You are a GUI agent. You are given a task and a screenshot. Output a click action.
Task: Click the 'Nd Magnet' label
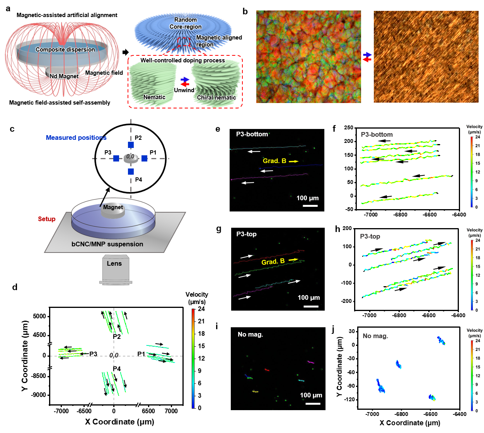[x=64, y=76]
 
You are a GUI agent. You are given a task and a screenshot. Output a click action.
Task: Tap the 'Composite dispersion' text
[x=65, y=50]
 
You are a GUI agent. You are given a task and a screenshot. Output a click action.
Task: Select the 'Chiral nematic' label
[x=216, y=98]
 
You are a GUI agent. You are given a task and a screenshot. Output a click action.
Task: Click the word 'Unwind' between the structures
[x=184, y=90]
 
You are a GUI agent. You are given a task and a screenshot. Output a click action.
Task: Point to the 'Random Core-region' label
[x=186, y=23]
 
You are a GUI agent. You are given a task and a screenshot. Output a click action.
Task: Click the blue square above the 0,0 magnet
[x=131, y=145]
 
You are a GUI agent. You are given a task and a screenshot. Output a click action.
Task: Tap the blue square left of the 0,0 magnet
[x=116, y=158]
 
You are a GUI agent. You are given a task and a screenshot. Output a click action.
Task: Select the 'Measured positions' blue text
[x=76, y=137]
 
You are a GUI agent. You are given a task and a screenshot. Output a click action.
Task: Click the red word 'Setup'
[x=47, y=219]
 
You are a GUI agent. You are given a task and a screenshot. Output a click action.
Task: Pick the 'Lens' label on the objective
[x=114, y=263]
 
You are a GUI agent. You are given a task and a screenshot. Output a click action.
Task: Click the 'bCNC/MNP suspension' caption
[x=107, y=244]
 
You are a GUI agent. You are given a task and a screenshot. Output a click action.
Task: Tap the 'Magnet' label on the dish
[x=113, y=208]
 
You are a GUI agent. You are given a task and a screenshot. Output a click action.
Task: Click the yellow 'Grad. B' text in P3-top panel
[x=273, y=262]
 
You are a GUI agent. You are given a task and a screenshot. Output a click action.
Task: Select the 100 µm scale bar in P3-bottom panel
[x=310, y=206]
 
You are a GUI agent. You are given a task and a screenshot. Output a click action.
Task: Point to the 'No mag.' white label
[x=251, y=334]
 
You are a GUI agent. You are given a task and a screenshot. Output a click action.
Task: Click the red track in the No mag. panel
[x=267, y=370]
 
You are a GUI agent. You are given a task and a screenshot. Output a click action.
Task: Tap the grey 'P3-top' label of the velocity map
[x=370, y=236]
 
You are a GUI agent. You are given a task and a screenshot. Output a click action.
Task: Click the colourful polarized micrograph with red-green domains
[x=308, y=57]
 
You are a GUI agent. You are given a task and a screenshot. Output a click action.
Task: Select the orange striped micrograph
[x=426, y=57]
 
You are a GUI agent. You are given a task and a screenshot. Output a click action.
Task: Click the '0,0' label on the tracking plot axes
[x=113, y=355]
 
